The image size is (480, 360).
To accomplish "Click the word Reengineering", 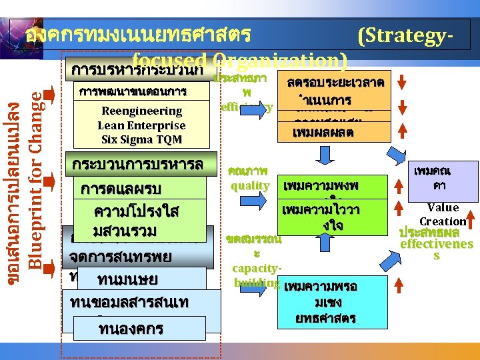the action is (141, 111).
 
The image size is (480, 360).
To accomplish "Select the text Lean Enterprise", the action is (141, 125).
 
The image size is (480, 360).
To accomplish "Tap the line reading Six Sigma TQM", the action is (141, 139).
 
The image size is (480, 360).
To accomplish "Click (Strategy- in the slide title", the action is (407, 35).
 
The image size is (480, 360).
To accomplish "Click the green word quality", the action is (250, 185).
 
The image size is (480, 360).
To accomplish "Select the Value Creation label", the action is (443, 215).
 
